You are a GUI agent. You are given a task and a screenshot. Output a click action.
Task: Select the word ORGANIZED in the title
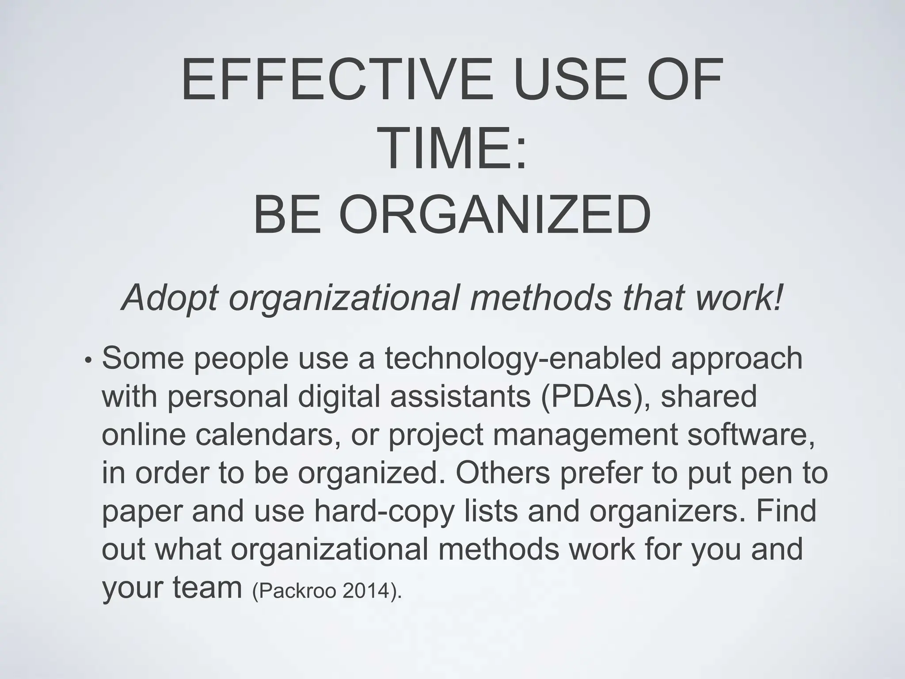[x=495, y=216]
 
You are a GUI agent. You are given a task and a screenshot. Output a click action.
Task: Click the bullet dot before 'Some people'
[x=89, y=360]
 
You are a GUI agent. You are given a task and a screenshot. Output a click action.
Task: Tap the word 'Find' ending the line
[x=786, y=511]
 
